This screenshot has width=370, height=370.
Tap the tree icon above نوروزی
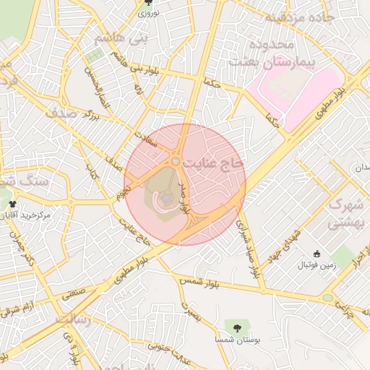pos(148,4)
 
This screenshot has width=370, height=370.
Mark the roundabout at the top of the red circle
pos(176,162)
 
